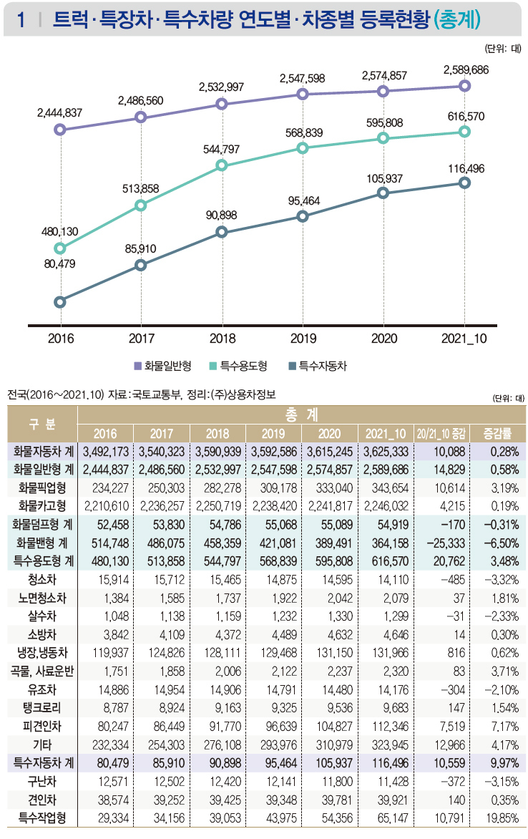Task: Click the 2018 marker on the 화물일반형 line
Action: tap(222, 104)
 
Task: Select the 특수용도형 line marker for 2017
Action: tap(141, 206)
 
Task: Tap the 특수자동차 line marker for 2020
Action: tap(383, 193)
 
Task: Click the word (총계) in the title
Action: tap(457, 19)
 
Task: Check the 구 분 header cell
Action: tap(42, 424)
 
